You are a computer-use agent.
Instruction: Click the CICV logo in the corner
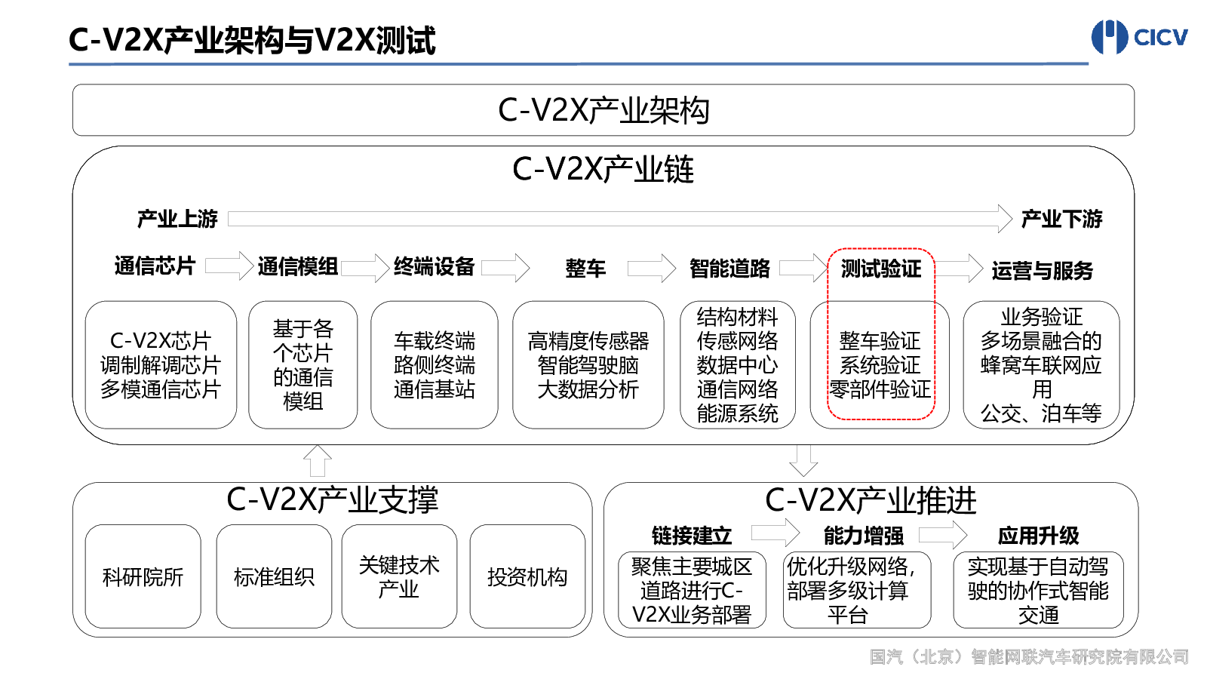[1139, 37]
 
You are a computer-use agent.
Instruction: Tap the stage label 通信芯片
[155, 266]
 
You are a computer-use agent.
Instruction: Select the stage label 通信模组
[298, 267]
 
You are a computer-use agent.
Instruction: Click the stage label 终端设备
[434, 266]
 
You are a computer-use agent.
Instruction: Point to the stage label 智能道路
[730, 269]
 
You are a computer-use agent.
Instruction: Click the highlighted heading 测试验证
[881, 269]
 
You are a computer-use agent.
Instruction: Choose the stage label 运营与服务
[1042, 270]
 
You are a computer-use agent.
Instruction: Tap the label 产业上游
[177, 219]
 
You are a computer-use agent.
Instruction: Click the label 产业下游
[1061, 219]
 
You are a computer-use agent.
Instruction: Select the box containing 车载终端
[435, 365]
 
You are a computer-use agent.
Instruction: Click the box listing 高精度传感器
[588, 365]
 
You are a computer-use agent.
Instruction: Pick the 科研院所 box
[143, 576]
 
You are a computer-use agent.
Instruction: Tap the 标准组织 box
[274, 576]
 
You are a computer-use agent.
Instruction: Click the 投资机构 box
[527, 576]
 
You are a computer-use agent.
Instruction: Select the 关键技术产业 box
[399, 576]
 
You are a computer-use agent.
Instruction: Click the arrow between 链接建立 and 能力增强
[775, 533]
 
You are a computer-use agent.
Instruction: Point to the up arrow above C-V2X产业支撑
[318, 461]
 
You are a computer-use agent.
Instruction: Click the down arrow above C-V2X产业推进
[803, 461]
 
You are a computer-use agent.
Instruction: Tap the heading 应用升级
[1038, 536]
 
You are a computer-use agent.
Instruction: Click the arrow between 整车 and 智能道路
[652, 268]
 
